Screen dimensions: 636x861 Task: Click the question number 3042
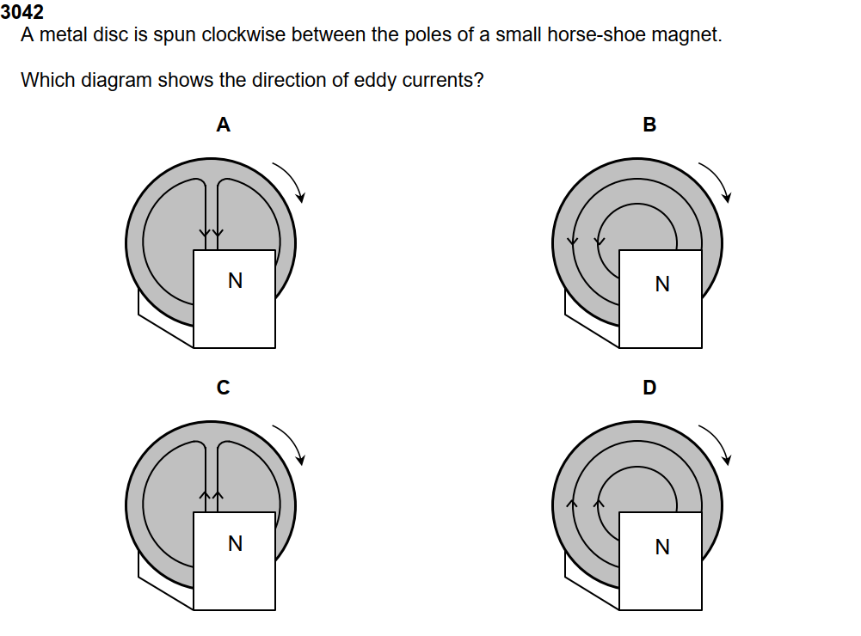click(x=22, y=13)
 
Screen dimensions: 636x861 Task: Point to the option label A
click(x=223, y=125)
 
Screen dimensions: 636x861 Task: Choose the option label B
click(x=649, y=125)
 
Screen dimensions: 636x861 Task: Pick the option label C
click(x=223, y=388)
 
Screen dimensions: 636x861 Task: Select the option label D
click(x=649, y=388)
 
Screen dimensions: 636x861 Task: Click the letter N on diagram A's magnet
click(x=235, y=280)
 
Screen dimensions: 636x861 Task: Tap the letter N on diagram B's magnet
click(x=661, y=284)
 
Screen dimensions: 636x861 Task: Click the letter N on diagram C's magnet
click(x=235, y=543)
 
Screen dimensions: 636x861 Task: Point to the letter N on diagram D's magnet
click(x=661, y=547)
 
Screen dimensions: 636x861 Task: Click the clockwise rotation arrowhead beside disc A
click(x=300, y=198)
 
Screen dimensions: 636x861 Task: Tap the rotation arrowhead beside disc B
click(x=727, y=198)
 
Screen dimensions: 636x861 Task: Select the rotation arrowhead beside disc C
click(x=300, y=460)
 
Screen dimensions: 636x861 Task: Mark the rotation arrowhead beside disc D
click(x=727, y=460)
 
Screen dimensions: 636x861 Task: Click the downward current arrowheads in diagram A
click(x=211, y=233)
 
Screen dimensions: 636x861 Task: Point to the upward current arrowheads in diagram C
click(x=211, y=495)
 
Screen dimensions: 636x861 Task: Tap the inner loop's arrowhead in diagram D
click(x=600, y=502)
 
